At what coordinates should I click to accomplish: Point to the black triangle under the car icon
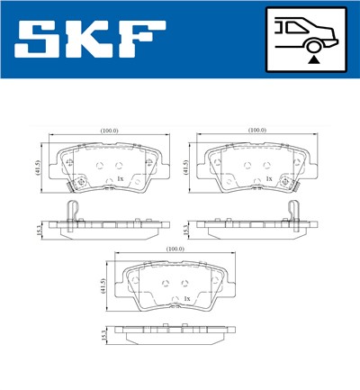point(311,59)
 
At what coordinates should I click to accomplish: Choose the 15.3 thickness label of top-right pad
point(185,229)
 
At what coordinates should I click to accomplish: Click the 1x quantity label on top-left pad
point(120,178)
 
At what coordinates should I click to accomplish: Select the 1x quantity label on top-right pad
point(268,178)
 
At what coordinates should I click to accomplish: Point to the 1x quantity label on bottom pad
point(186,298)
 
